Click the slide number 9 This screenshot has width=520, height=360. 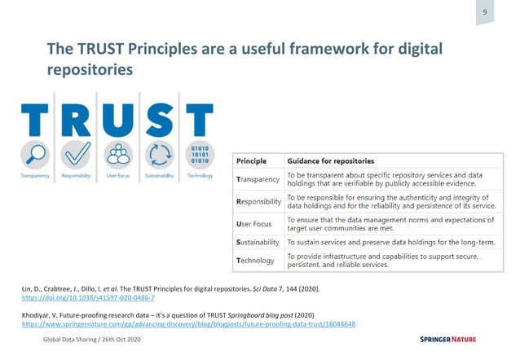pos(485,12)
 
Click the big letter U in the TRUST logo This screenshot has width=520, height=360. pos(118,119)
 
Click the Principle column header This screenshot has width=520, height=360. pos(251,160)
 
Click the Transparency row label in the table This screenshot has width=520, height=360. pos(258,179)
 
